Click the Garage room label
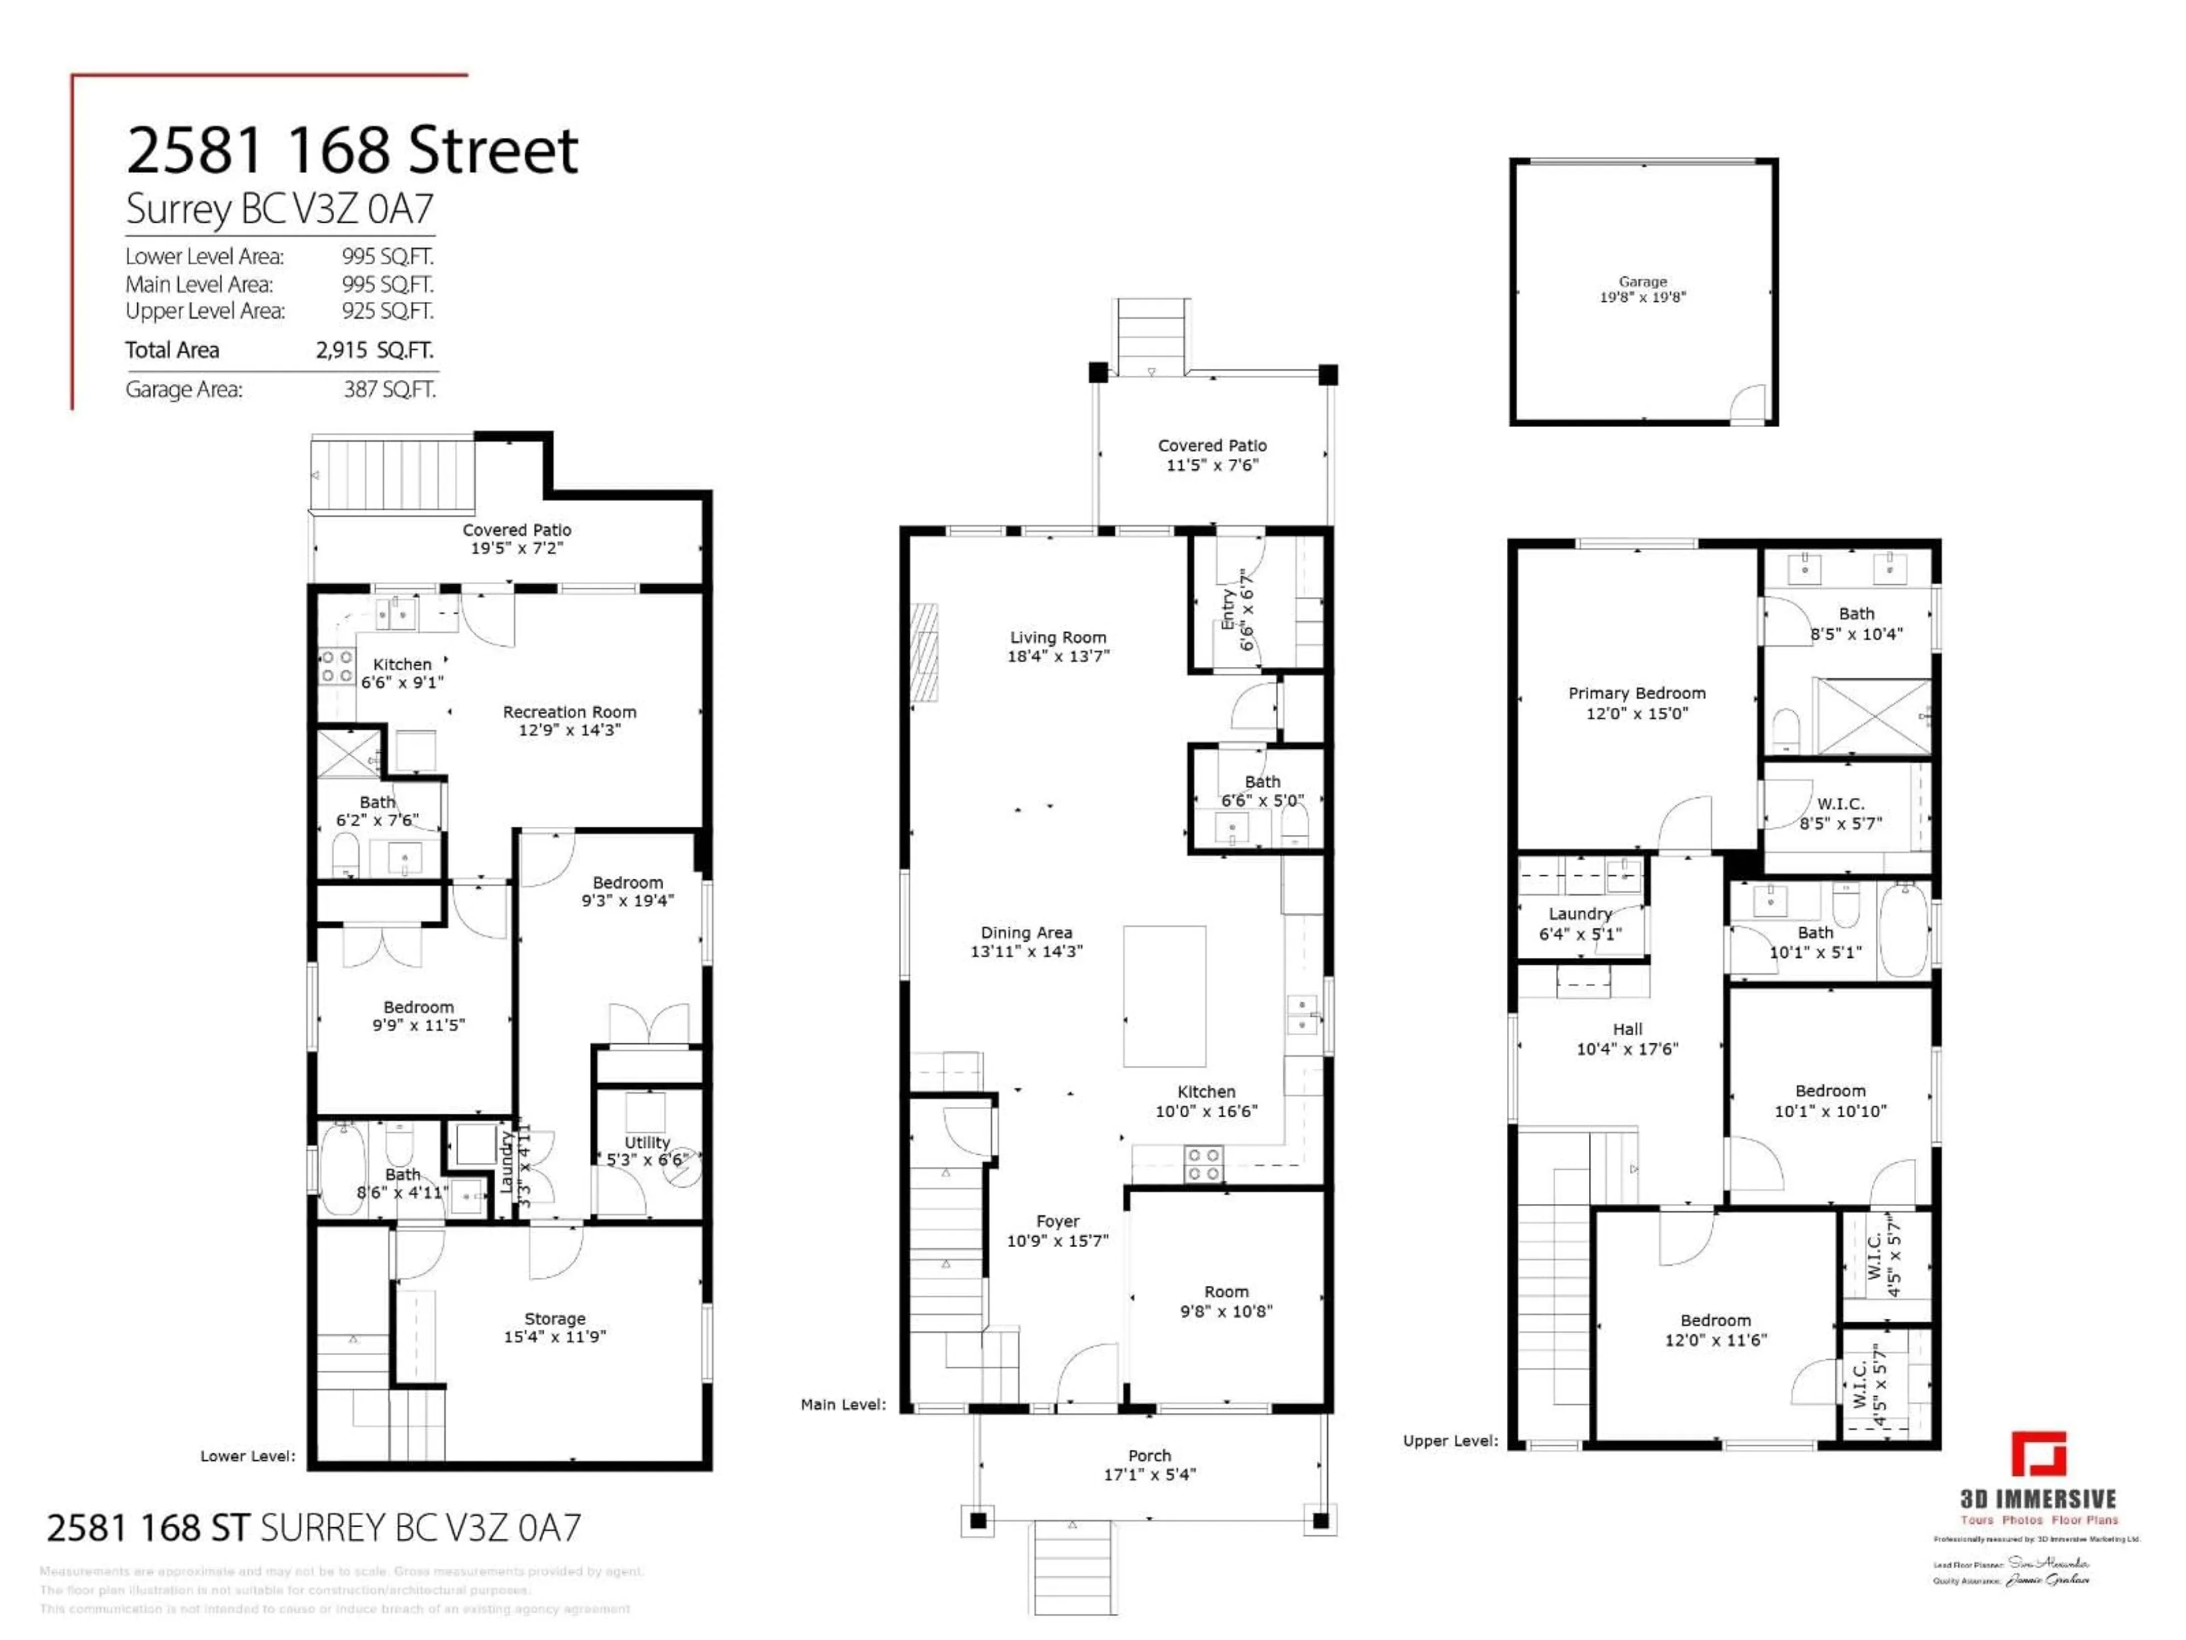(1642, 282)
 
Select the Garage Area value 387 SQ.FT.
(389, 389)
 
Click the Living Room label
(1058, 638)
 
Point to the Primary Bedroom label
(1637, 693)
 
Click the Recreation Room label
(569, 712)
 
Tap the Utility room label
(647, 1142)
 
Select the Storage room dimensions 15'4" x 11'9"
(554, 1336)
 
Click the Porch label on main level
(1149, 1455)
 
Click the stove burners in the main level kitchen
(1203, 1163)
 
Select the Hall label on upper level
(1626, 1029)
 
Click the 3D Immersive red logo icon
(2038, 1454)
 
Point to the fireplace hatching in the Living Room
(924, 653)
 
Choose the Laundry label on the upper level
(1579, 913)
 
